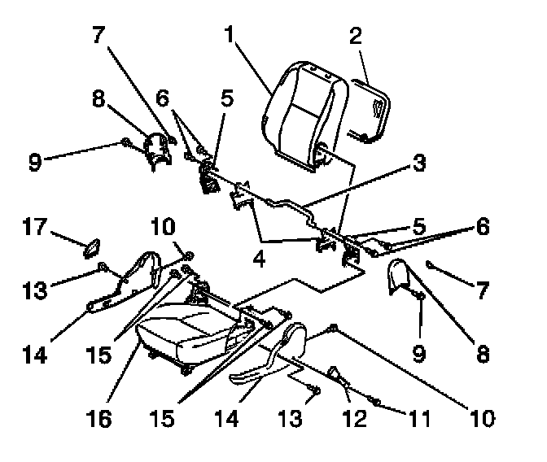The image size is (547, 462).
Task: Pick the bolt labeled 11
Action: tap(377, 399)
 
